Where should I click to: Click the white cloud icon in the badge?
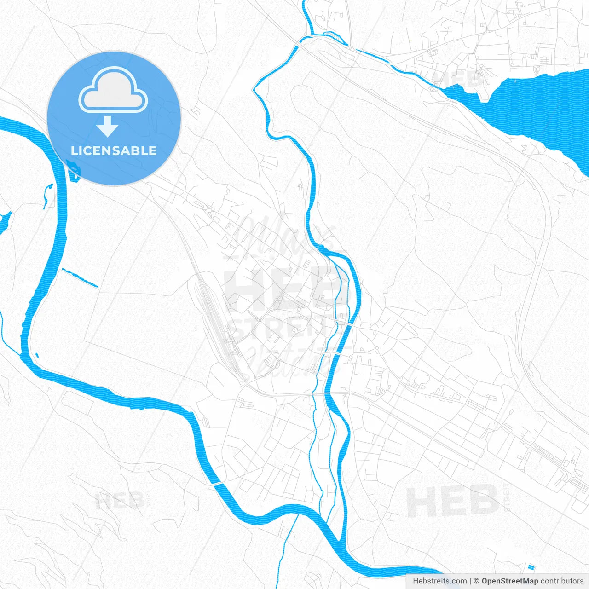pos(113,90)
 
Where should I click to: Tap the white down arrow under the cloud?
pos(108,127)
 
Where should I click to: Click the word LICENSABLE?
pos(114,150)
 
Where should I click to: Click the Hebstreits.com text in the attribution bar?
pos(439,581)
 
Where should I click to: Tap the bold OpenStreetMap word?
pos(509,581)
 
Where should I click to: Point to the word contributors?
pos(562,581)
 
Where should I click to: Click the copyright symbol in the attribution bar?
pos(477,581)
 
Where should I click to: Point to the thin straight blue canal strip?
pos(80,278)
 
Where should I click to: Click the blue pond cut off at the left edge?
pos(4,221)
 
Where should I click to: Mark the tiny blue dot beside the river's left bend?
pos(37,355)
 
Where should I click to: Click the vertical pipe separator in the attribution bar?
pos(470,581)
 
